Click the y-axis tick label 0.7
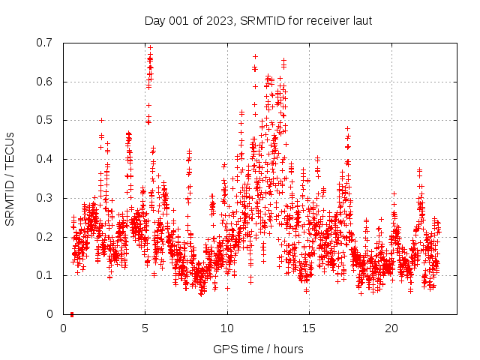(46, 43)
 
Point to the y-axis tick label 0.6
(46, 82)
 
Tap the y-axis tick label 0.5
(46, 120)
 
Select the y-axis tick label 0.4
(46, 159)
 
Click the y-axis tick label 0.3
(46, 198)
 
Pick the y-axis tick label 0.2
(46, 237)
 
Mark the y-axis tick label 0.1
(46, 275)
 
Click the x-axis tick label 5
(145, 328)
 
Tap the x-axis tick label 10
(227, 328)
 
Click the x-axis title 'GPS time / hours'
(258, 349)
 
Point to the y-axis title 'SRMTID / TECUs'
(10, 178)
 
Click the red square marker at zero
(72, 313)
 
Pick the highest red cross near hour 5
(150, 47)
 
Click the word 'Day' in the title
(154, 19)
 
